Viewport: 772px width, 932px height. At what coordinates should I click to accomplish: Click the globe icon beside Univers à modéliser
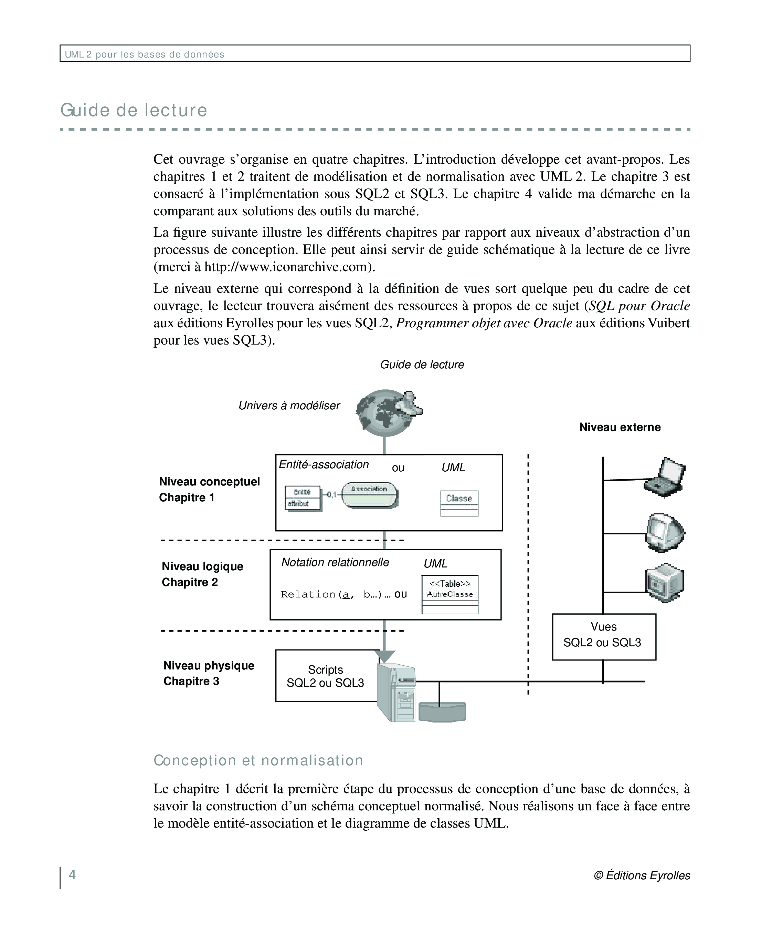[385, 413]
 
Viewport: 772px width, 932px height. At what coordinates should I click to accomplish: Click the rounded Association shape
[369, 495]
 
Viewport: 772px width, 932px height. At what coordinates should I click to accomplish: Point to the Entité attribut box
[303, 498]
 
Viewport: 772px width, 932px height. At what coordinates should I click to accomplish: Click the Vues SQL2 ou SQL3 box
[603, 636]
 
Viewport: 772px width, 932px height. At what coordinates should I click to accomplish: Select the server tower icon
[396, 692]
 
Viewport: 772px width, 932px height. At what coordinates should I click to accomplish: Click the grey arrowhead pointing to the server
[384, 656]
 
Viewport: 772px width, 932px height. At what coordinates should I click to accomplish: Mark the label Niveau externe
[620, 427]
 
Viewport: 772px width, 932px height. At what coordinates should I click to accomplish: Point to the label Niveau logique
[202, 566]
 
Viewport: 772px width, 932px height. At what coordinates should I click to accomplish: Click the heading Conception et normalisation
[258, 760]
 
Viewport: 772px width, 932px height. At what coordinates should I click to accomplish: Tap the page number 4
[72, 875]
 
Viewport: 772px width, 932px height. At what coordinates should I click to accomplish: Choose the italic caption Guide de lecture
[422, 365]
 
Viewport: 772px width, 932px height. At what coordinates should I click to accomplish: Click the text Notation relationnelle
[335, 562]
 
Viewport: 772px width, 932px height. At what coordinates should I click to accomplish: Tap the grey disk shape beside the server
[442, 712]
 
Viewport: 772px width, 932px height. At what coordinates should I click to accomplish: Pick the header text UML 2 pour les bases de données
[145, 54]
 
